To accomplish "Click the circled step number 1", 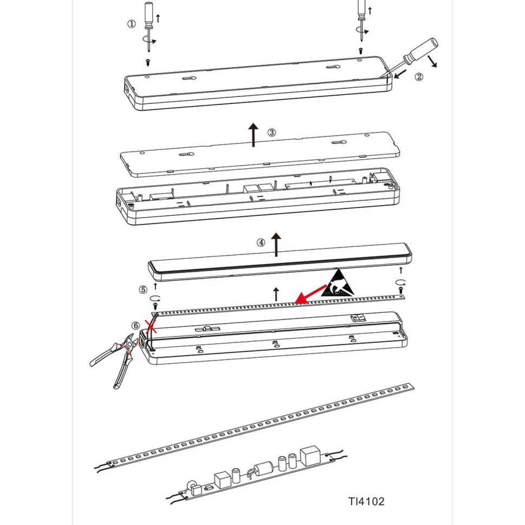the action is click(x=132, y=24).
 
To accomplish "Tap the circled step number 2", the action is click(x=419, y=77).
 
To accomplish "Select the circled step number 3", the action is click(x=272, y=133).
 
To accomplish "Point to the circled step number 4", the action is click(x=261, y=242).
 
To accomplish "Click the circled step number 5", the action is click(x=143, y=289).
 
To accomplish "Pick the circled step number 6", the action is click(x=136, y=325).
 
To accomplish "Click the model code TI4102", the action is click(x=366, y=501).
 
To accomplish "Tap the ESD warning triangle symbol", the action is click(x=338, y=283).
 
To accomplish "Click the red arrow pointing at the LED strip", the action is click(x=311, y=294).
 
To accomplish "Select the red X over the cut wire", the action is click(x=150, y=326).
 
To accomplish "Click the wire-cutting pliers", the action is click(x=115, y=359).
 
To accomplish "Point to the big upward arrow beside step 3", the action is click(x=253, y=135).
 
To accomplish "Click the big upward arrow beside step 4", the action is click(x=276, y=245).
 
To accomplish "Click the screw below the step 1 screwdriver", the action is click(x=148, y=62).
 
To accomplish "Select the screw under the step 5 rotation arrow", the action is click(x=155, y=306).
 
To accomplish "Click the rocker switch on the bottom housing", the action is click(x=357, y=318).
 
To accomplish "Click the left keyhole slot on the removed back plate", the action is click(x=187, y=154).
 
